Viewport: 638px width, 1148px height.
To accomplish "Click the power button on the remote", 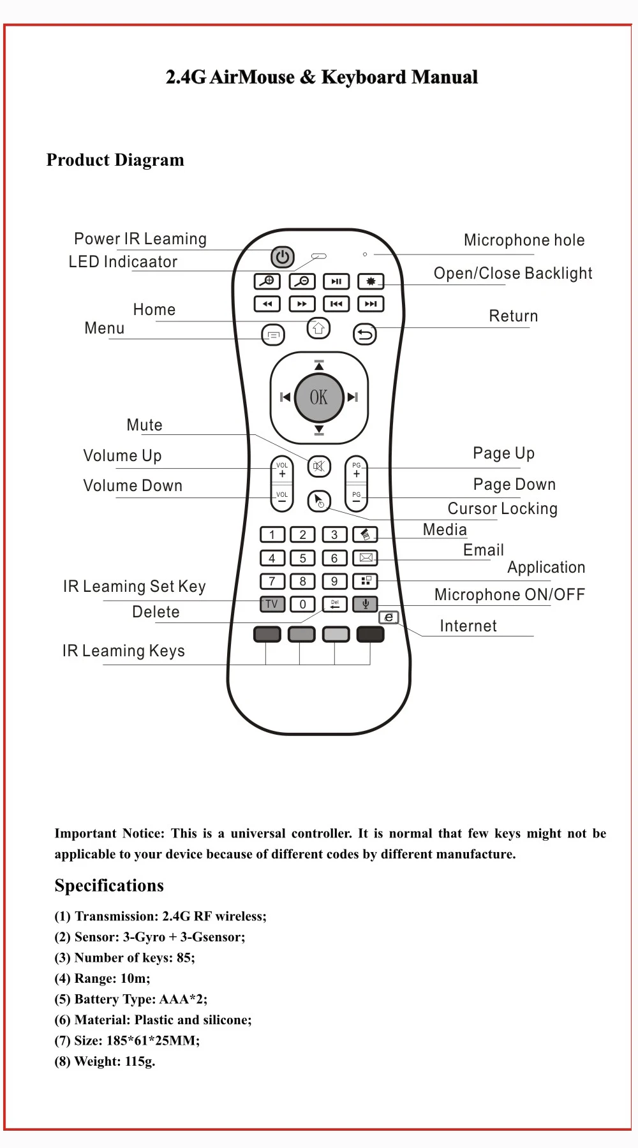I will (283, 257).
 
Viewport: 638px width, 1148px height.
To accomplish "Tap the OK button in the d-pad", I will (319, 397).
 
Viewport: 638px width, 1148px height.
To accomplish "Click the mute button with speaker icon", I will (319, 466).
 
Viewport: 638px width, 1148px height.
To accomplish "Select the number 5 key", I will (302, 558).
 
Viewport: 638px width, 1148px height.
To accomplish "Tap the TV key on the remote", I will (272, 604).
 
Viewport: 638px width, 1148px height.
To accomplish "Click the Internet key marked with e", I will (389, 617).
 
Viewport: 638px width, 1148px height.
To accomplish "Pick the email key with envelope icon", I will (366, 558).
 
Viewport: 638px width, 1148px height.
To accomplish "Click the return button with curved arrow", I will (365, 334).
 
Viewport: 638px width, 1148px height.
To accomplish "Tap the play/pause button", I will (336, 281).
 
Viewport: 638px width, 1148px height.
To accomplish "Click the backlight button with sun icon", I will (371, 281).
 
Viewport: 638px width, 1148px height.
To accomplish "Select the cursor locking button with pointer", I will (319, 501).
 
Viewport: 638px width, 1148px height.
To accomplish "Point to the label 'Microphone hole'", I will (524, 240).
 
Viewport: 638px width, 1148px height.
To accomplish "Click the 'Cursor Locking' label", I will (502, 509).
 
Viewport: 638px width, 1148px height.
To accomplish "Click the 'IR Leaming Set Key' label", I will (134, 587).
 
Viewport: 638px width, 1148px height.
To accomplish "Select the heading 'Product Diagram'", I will (115, 160).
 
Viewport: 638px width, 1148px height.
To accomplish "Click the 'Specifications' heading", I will (109, 886).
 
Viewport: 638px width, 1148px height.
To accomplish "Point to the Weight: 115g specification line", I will (105, 1061).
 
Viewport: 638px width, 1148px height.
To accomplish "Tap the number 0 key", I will (302, 604).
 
